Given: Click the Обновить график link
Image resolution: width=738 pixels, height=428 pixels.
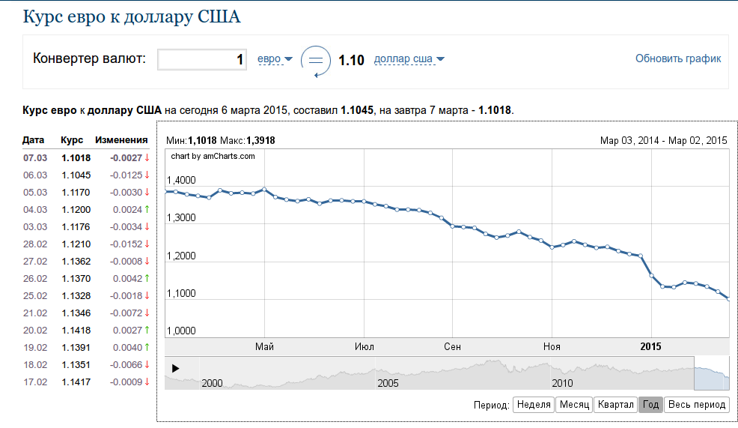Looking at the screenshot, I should (678, 58).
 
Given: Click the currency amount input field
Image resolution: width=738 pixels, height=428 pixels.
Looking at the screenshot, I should (203, 59).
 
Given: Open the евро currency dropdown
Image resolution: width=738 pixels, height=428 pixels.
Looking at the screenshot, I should (275, 58).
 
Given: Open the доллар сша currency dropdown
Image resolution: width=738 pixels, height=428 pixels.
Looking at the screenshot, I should (409, 59).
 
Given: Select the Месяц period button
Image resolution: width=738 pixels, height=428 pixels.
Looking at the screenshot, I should (575, 405).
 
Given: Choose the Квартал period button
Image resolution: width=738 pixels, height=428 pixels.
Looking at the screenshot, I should (615, 405).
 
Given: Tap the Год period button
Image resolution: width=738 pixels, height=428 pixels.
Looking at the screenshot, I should (650, 405).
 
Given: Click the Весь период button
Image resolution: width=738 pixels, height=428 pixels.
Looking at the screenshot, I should (696, 405).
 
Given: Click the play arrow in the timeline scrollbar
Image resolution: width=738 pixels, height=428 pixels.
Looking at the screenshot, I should (176, 368).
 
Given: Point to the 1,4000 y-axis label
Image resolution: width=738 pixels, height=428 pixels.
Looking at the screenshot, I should (181, 181).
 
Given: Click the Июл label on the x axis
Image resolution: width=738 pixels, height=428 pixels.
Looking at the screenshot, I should (365, 346).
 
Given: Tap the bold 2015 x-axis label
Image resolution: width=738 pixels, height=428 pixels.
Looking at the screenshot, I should (651, 346).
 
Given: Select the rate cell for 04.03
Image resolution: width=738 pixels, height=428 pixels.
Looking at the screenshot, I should (76, 209).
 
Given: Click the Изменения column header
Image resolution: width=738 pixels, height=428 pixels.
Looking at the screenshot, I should (121, 140).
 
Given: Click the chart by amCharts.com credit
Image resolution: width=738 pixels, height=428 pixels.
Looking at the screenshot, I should (213, 156).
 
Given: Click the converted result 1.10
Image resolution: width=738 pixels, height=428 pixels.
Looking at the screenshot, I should (352, 60).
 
